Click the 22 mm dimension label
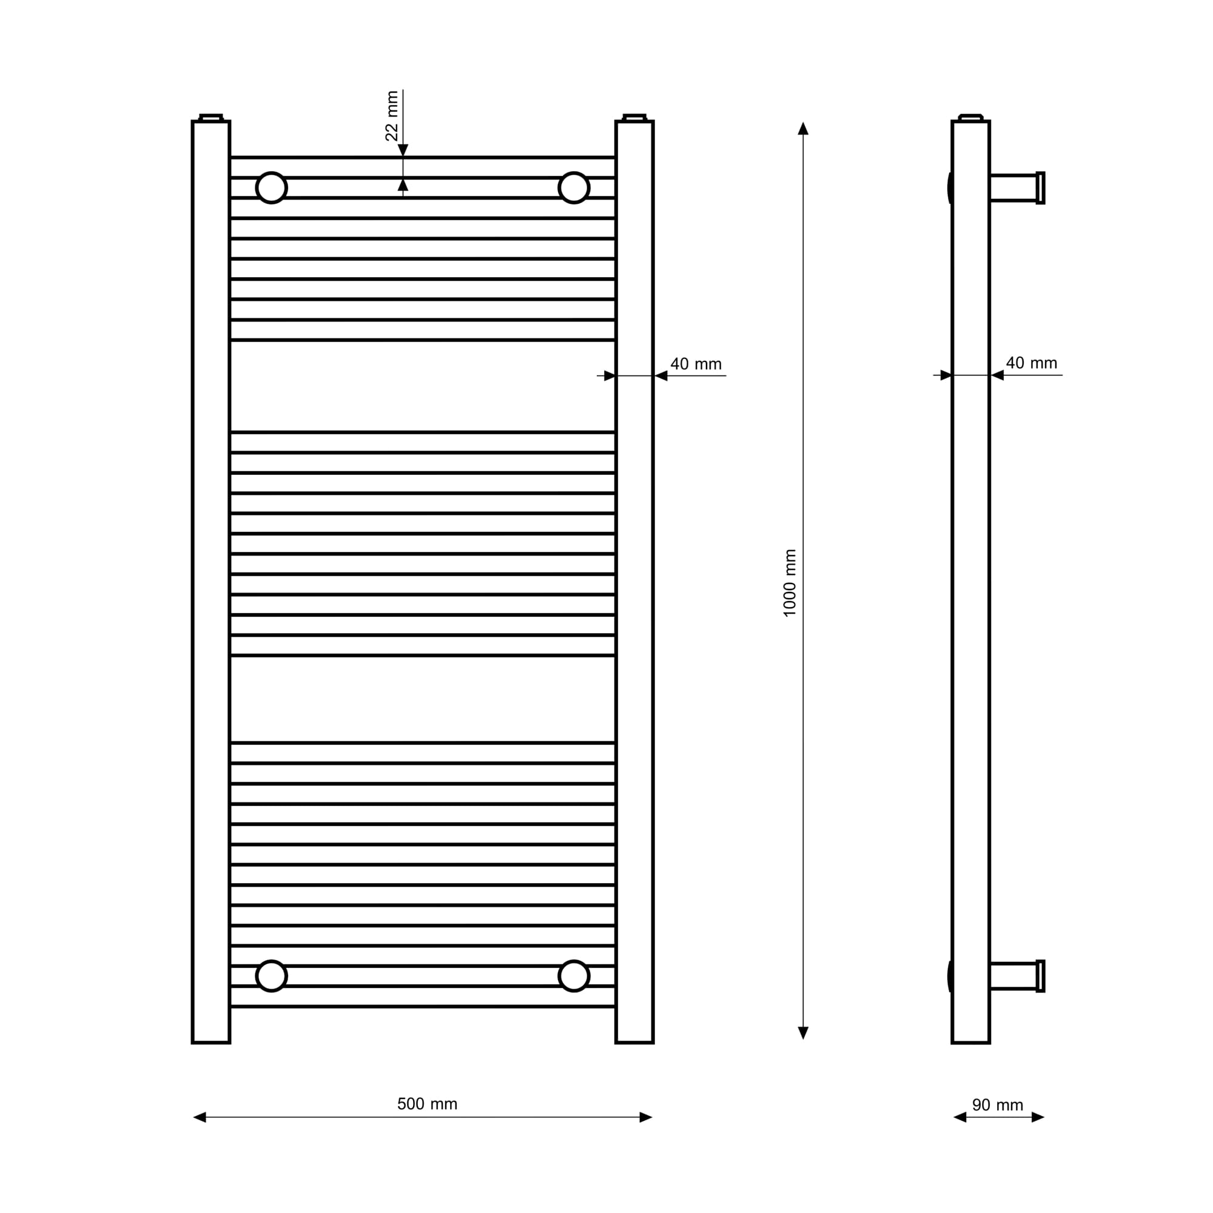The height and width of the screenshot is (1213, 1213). click(392, 116)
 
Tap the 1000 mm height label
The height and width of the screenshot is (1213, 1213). click(790, 583)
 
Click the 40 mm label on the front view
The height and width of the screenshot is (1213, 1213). click(696, 364)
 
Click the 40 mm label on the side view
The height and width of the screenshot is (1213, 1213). click(1032, 363)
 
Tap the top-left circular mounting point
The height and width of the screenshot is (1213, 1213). click(272, 188)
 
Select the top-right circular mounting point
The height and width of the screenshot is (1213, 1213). click(574, 188)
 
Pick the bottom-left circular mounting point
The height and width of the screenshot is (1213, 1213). click(272, 976)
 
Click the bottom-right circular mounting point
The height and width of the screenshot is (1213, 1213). click(574, 976)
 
